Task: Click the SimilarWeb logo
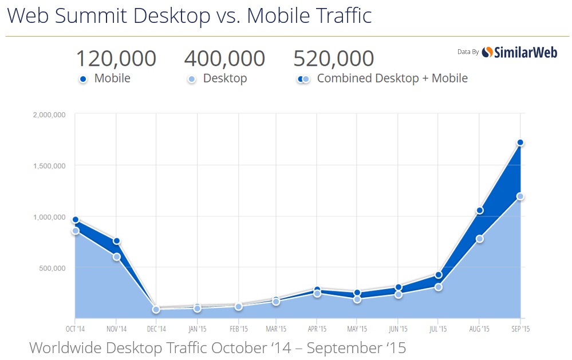(x=519, y=52)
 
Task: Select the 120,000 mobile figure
(x=116, y=58)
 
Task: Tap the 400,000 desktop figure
(x=224, y=58)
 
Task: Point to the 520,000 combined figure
(x=333, y=58)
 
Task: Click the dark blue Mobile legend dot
(x=83, y=80)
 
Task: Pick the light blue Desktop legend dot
(x=192, y=80)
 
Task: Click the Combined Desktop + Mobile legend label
(x=392, y=78)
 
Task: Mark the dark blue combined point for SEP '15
(x=520, y=143)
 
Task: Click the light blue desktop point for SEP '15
(x=520, y=196)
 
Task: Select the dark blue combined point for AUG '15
(x=480, y=211)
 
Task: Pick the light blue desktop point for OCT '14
(x=75, y=231)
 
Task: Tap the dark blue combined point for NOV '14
(x=116, y=241)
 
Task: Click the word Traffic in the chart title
(x=341, y=15)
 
